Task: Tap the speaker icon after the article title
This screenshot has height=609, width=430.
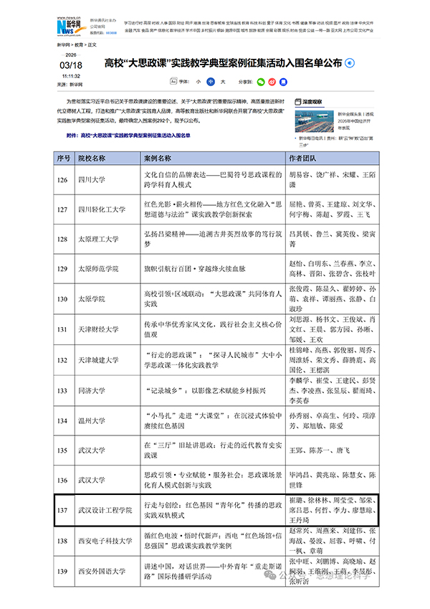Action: point(349,64)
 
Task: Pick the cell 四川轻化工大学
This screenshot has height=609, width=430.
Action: point(101,209)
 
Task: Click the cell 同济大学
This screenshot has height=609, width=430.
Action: point(92,391)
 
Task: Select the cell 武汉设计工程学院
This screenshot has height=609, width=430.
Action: point(105,510)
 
